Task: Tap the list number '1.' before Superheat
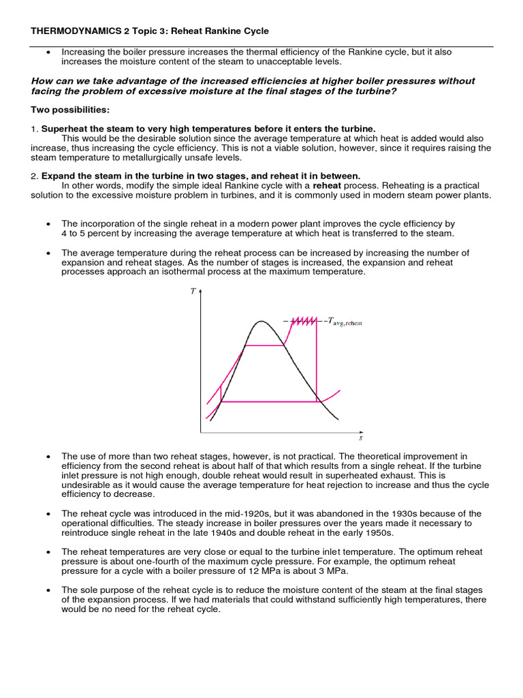coord(35,129)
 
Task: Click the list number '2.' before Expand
coord(35,175)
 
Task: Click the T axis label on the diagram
coord(193,291)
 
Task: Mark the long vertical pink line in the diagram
coord(318,361)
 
